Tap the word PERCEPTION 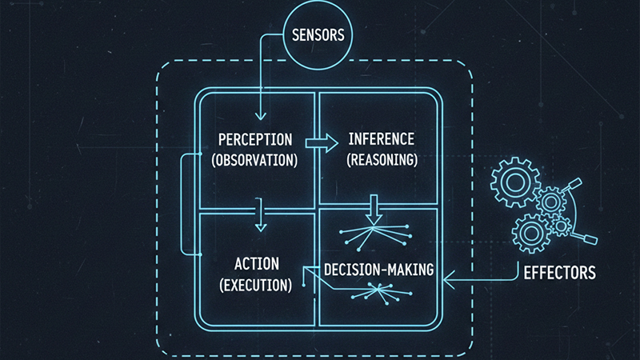pos(255,140)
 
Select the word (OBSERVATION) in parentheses pos(254,158)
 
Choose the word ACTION pos(255,263)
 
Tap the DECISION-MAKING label pos(378,269)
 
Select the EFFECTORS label pos(559,273)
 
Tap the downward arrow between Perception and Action pos(259,220)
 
